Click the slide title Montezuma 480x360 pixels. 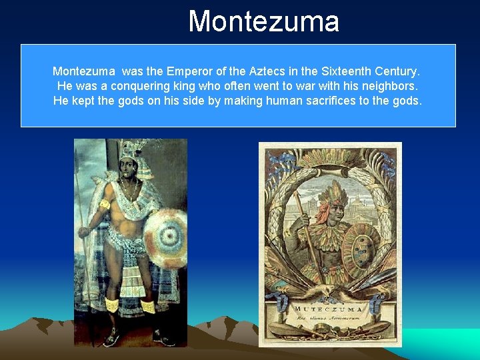click(x=263, y=21)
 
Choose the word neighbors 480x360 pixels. click(x=391, y=86)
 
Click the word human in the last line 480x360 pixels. click(x=292, y=101)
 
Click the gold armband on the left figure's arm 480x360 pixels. click(x=105, y=205)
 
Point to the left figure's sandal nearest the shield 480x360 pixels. click(x=161, y=337)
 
